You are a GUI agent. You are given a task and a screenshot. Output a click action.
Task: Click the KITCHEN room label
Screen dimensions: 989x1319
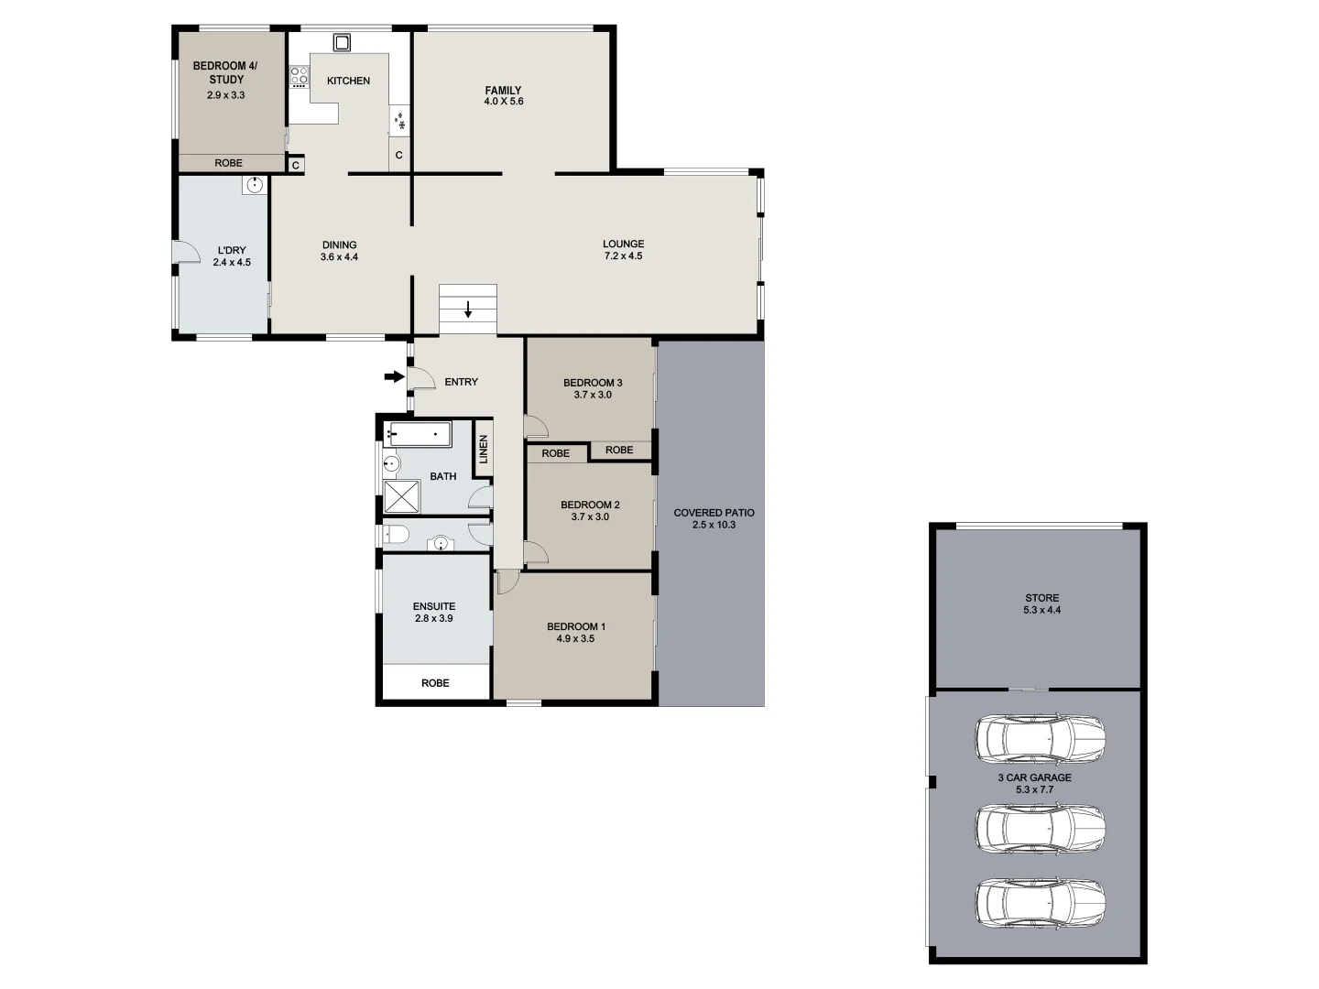click(348, 81)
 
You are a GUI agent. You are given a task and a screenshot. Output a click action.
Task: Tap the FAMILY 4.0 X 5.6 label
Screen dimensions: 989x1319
click(504, 95)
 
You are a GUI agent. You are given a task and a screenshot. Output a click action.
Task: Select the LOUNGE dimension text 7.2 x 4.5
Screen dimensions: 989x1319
click(623, 256)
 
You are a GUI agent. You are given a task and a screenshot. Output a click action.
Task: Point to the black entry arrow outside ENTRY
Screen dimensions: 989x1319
click(394, 376)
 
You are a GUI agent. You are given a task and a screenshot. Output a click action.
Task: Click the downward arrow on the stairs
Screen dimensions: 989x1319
click(468, 310)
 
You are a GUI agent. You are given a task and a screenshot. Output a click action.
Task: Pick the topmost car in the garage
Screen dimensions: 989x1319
click(1040, 739)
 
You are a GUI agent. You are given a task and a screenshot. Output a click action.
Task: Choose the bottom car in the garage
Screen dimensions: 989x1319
click(1040, 903)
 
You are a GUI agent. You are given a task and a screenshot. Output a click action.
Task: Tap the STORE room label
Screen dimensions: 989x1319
click(1042, 598)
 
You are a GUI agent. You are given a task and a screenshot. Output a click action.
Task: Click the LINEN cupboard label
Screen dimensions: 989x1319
click(483, 449)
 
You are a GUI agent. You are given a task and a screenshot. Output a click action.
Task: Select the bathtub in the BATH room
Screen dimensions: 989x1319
click(419, 434)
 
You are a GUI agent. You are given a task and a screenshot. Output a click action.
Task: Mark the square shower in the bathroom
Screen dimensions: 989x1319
click(401, 496)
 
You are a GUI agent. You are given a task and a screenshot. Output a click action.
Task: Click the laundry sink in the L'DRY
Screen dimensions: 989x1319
click(254, 186)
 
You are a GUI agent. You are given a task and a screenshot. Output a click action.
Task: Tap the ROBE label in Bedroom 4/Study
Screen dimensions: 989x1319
click(229, 163)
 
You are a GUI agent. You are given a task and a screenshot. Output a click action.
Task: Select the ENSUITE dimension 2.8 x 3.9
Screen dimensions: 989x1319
click(433, 618)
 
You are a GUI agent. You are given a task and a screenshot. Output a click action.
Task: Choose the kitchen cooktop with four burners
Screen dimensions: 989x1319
click(300, 76)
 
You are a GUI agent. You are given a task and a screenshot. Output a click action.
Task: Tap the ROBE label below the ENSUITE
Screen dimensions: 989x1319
click(435, 683)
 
